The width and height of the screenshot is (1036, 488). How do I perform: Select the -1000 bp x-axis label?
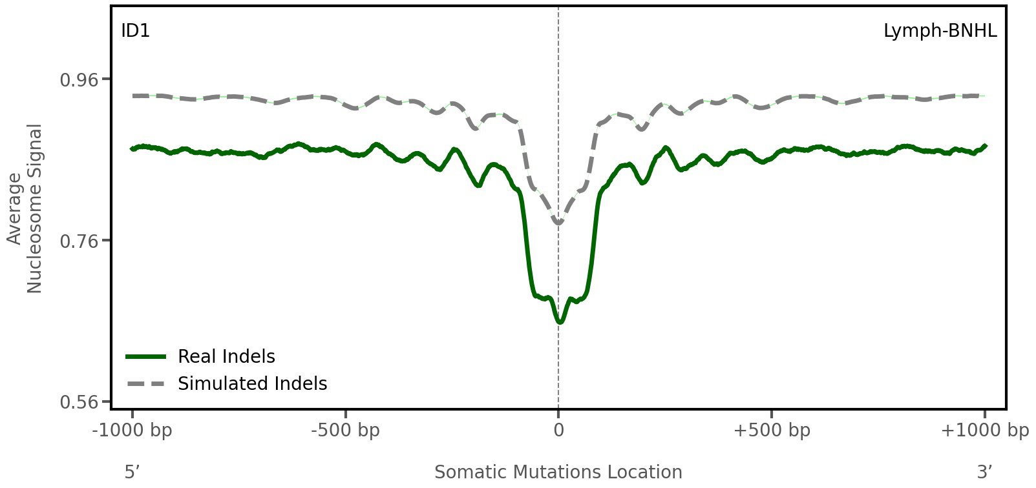(x=132, y=431)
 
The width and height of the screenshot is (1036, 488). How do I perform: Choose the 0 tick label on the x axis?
(x=558, y=431)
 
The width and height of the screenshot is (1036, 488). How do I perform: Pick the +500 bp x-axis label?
(x=772, y=431)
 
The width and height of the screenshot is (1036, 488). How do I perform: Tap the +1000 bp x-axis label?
(x=984, y=431)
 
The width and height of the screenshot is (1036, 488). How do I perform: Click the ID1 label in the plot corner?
(x=136, y=31)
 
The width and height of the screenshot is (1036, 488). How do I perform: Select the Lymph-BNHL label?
(x=940, y=31)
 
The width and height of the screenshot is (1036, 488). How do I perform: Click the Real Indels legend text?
(x=226, y=356)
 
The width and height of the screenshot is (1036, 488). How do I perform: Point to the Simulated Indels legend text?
(x=252, y=383)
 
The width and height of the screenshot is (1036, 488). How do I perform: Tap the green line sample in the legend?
(x=147, y=356)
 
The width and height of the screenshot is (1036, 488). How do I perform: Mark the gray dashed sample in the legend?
(x=147, y=383)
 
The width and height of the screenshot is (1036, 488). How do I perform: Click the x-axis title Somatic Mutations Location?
(x=558, y=472)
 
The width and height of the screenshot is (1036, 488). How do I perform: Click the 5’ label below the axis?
(x=132, y=472)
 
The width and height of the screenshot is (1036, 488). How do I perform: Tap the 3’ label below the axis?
(x=984, y=472)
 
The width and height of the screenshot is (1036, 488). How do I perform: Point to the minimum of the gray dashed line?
(x=558, y=223)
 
